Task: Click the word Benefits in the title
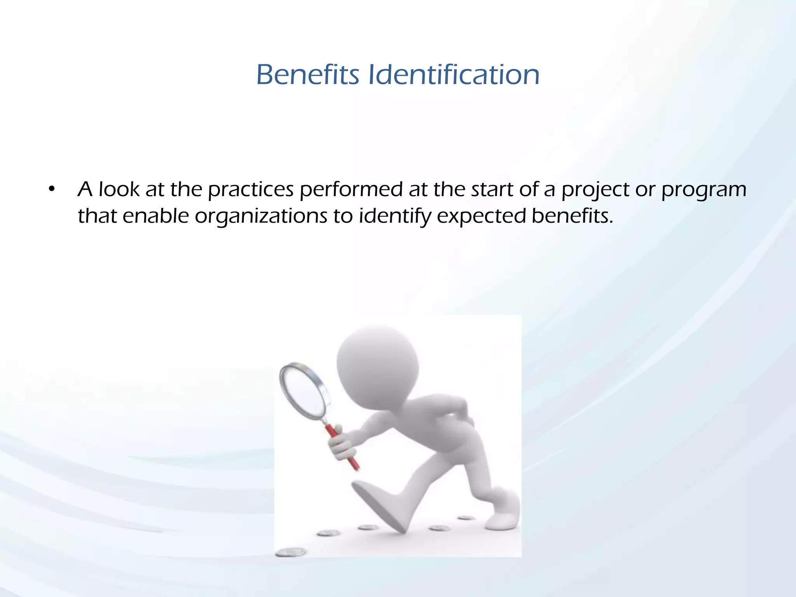[x=307, y=75]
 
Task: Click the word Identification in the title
[x=454, y=75]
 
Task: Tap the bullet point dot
[x=51, y=190]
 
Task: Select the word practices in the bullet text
[x=251, y=190]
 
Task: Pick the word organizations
[x=261, y=216]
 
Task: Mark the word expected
[x=481, y=216]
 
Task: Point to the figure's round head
[x=377, y=365]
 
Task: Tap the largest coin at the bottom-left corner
[x=291, y=552]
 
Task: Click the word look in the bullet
[x=119, y=190]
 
